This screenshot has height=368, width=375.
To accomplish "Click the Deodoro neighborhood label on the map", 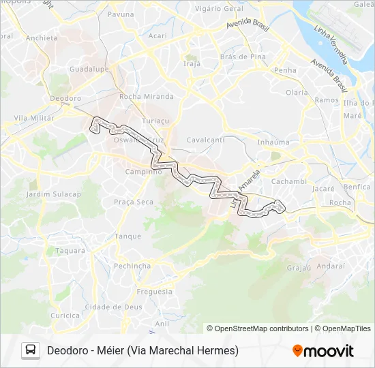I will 65,98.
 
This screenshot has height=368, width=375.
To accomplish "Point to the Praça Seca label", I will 134,202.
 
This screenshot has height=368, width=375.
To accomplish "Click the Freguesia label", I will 155,292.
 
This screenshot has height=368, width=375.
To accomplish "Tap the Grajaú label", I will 299,268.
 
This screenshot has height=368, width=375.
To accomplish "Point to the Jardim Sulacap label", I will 53,194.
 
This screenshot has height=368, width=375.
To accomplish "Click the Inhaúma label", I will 273,142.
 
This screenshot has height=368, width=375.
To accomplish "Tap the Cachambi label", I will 289,181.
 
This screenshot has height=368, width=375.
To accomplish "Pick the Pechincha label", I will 132,266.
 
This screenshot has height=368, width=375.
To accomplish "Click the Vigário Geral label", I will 220,9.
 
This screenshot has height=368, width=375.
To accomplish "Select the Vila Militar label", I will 33,118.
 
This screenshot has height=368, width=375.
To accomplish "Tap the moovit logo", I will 323,350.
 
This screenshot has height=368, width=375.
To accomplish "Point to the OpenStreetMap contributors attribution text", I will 257,328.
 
